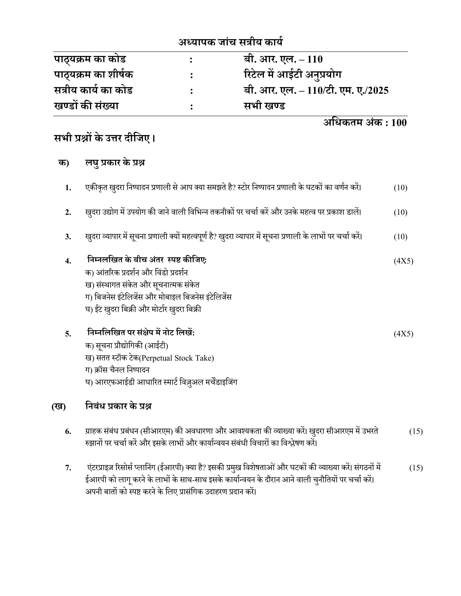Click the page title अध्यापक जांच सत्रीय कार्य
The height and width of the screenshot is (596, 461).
point(230,42)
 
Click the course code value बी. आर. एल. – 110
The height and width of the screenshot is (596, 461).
point(283,59)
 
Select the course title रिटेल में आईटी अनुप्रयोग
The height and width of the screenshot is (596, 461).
point(293,74)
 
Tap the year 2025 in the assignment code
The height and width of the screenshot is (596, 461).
point(378,90)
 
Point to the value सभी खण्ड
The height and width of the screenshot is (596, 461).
point(264,106)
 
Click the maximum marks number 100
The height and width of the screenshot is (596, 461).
point(399,123)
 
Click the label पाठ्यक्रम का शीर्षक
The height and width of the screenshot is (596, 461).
point(93,74)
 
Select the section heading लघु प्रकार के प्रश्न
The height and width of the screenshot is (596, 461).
point(115,163)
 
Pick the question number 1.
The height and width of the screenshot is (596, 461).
point(68,188)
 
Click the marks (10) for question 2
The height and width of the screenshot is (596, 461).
point(400,212)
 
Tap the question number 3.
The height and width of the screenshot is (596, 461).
point(68,237)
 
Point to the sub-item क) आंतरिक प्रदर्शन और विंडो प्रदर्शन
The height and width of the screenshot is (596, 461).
point(136,273)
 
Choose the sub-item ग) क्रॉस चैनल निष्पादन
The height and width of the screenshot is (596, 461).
point(117,370)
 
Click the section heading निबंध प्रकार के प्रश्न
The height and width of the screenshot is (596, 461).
point(118,406)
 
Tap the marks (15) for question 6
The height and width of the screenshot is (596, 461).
point(416,432)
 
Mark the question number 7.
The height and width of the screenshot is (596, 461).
point(68,468)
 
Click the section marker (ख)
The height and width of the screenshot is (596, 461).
point(59,406)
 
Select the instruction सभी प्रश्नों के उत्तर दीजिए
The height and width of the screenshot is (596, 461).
point(105,138)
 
